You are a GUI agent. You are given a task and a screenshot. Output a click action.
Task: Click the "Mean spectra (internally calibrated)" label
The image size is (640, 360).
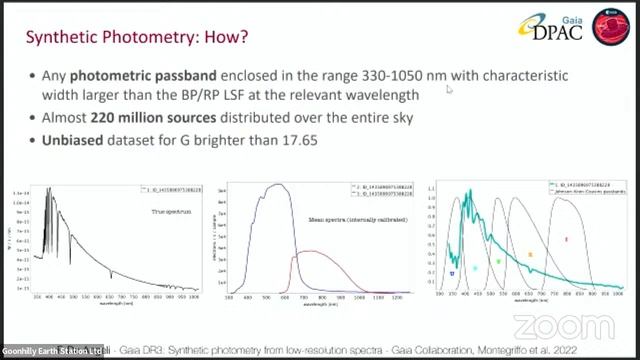coord(326,218)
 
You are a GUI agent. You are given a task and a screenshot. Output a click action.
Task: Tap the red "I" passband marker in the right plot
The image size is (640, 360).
coord(566,240)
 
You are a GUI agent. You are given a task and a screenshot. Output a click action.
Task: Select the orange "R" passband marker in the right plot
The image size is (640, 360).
coord(530,255)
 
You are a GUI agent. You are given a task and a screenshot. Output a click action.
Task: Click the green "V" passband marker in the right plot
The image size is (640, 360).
coord(498,261)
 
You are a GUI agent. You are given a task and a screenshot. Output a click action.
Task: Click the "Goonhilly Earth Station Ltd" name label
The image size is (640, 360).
coord(52,351)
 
